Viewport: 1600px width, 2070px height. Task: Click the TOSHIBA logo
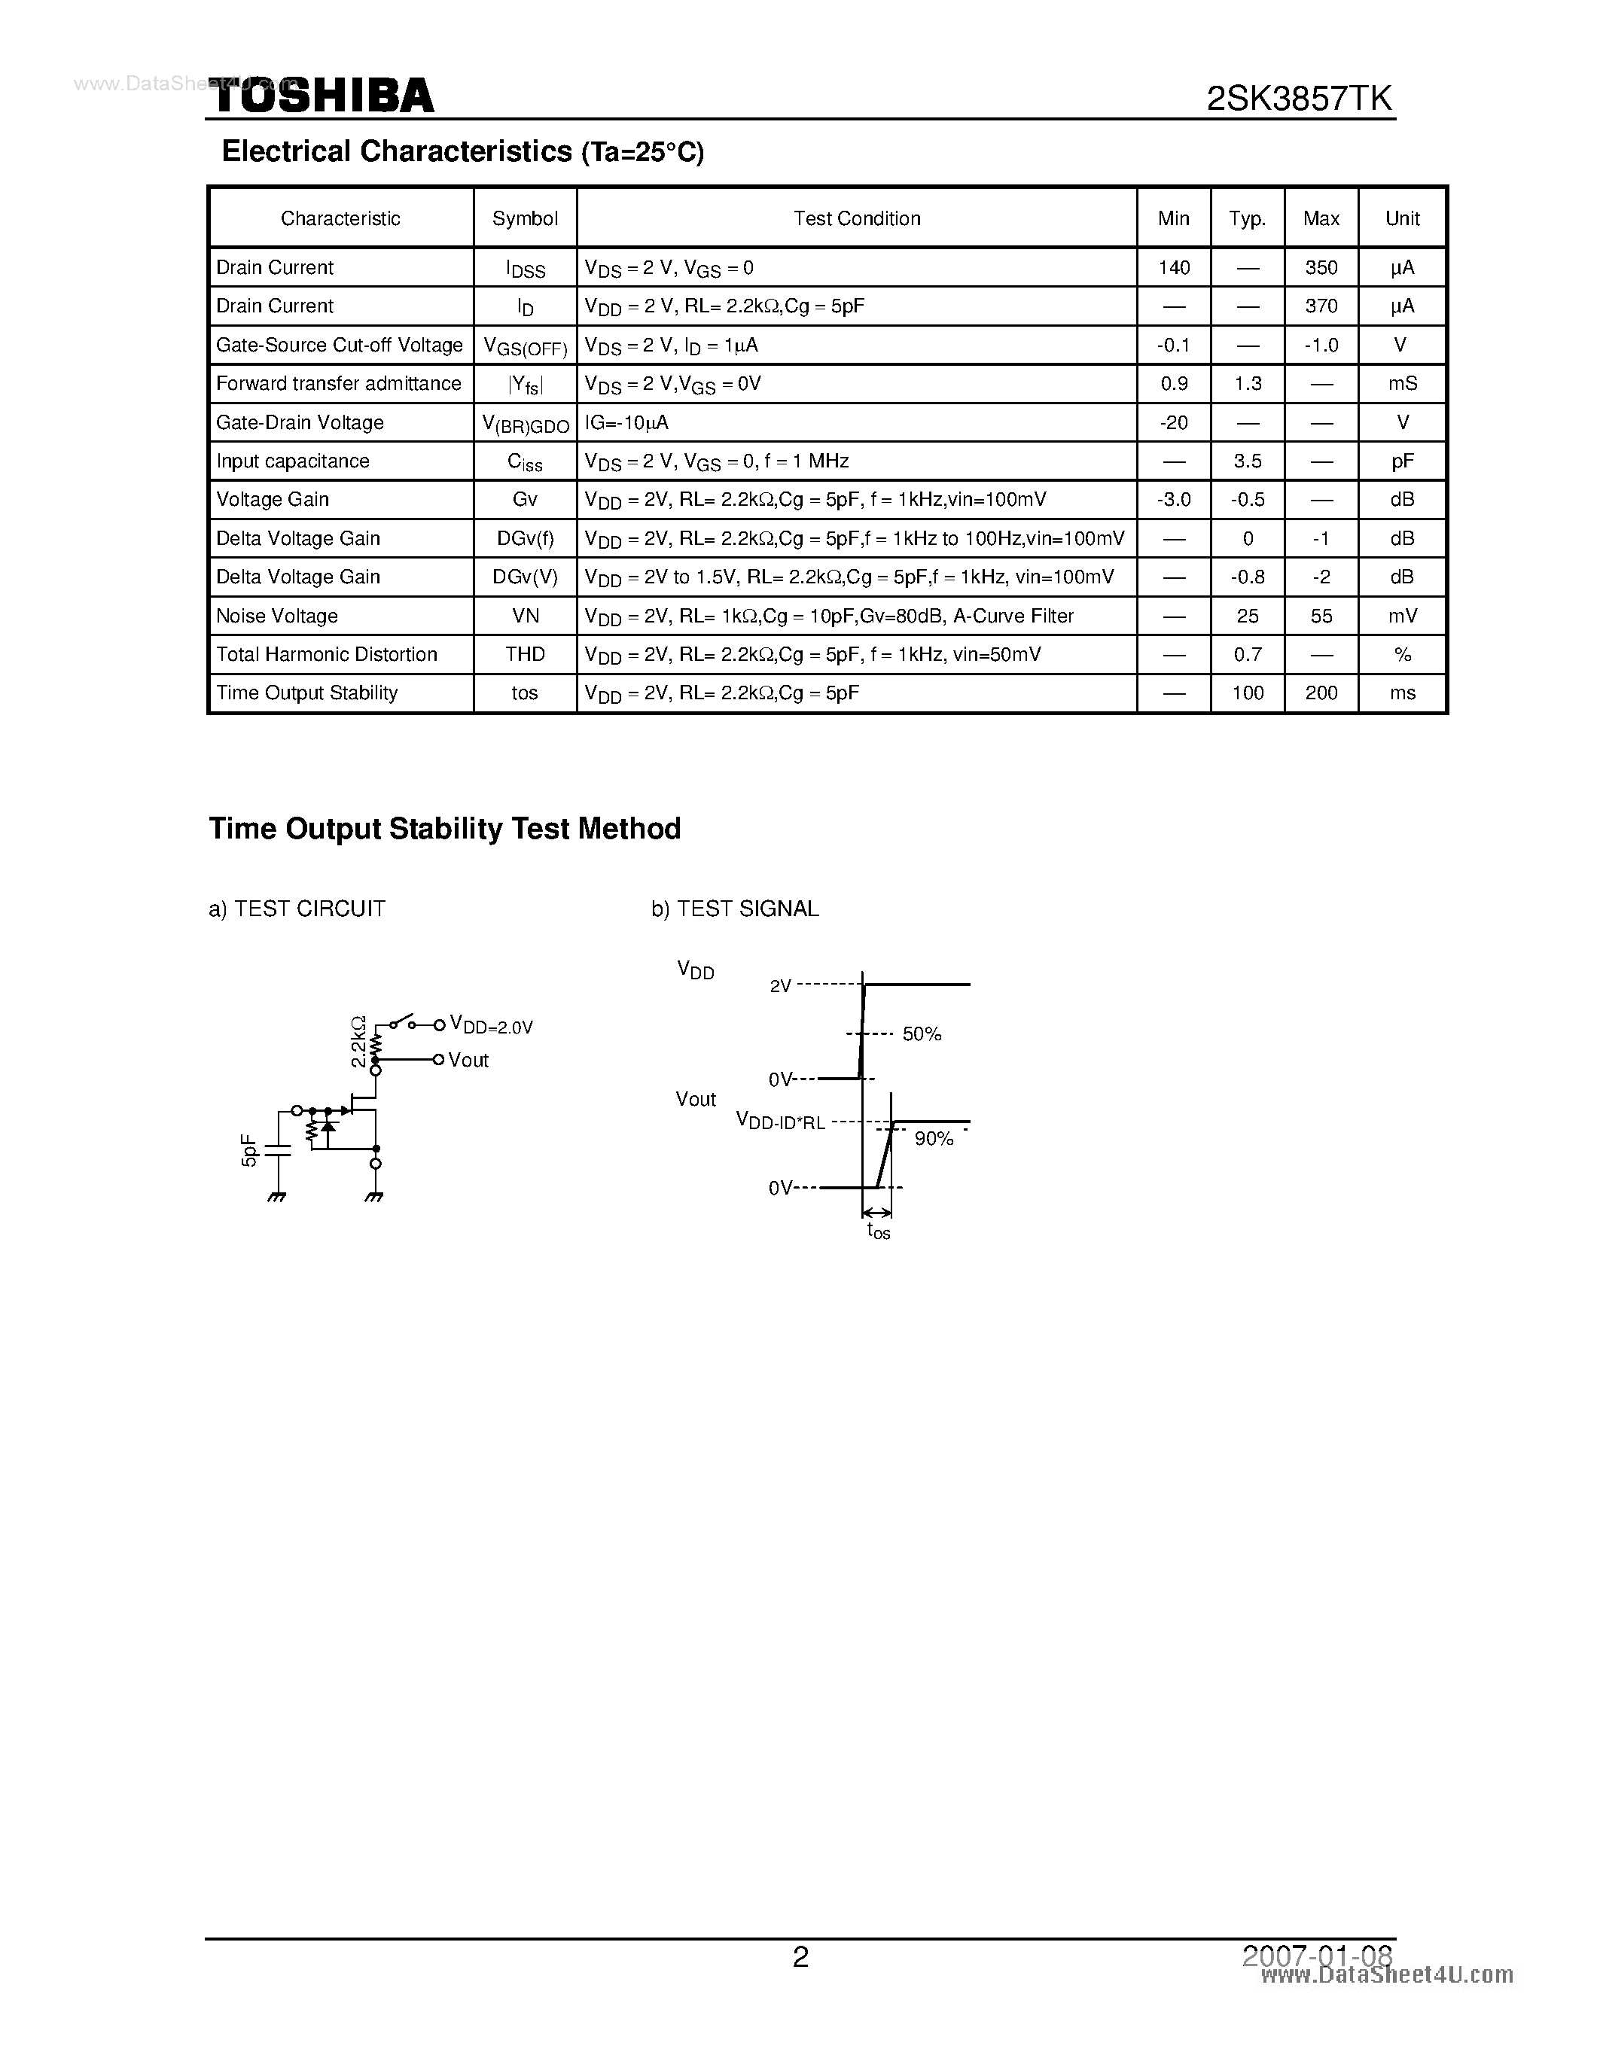pyautogui.click(x=322, y=96)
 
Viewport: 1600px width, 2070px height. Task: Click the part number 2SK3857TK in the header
pyautogui.click(x=1299, y=99)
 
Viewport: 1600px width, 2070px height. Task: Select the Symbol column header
pyautogui.click(x=524, y=219)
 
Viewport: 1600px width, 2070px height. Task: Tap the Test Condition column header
pyautogui.click(x=856, y=219)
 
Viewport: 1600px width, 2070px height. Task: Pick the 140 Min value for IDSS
pyautogui.click(x=1174, y=268)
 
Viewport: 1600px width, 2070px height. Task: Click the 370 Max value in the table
pyautogui.click(x=1321, y=306)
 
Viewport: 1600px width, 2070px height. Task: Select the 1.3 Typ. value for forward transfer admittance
pyautogui.click(x=1248, y=384)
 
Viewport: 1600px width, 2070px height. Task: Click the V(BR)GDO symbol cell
pyautogui.click(x=525, y=424)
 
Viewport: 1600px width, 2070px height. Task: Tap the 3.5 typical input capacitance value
pyautogui.click(x=1248, y=461)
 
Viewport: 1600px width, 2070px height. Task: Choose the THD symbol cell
pyautogui.click(x=524, y=655)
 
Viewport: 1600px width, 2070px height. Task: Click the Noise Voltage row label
pyautogui.click(x=277, y=616)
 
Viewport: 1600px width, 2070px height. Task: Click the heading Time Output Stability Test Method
pyautogui.click(x=444, y=830)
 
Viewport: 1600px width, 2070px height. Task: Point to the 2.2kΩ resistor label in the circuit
pyautogui.click(x=358, y=1042)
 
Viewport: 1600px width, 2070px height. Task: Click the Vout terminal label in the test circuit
pyautogui.click(x=468, y=1061)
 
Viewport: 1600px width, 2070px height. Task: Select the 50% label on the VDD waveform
pyautogui.click(x=922, y=1035)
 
